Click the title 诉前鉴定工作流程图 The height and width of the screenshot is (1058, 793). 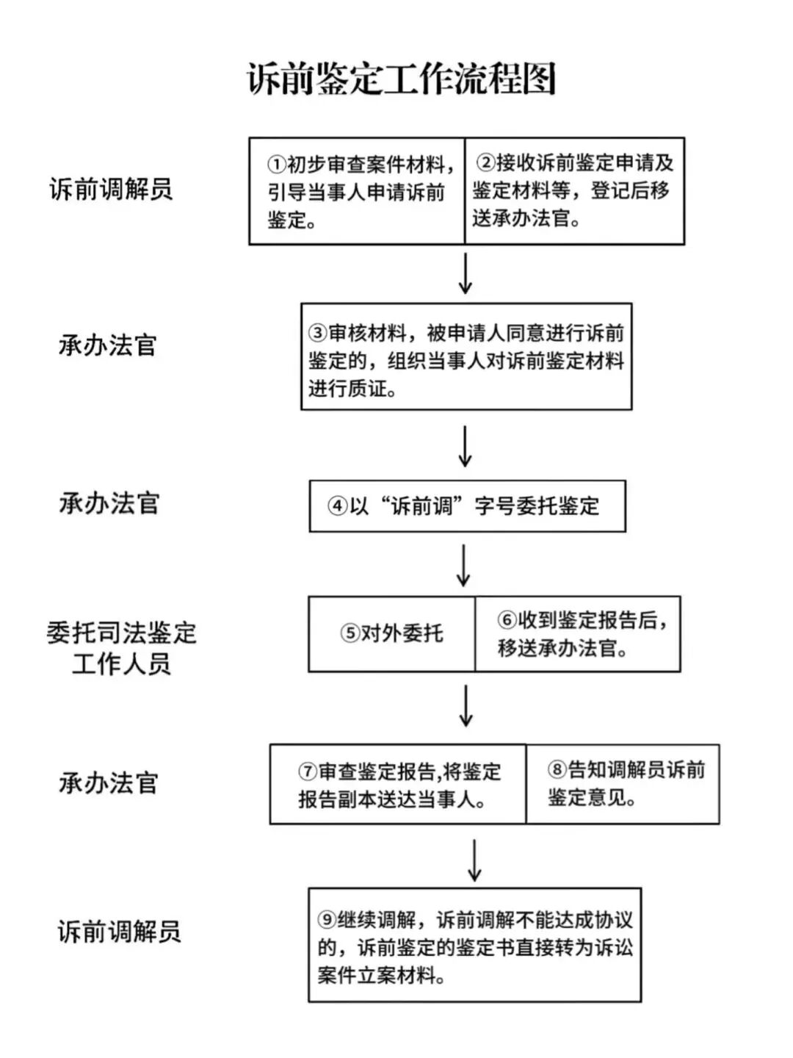[x=401, y=79]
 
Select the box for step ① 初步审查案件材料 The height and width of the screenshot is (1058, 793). [x=358, y=191]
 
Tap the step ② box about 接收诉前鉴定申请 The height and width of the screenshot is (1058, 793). [x=574, y=191]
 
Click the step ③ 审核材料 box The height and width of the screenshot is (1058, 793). [x=466, y=357]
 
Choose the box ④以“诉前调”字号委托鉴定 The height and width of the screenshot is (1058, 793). [x=467, y=506]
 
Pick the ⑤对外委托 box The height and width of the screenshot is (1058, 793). [x=392, y=634]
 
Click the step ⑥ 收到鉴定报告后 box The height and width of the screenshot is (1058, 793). [x=578, y=634]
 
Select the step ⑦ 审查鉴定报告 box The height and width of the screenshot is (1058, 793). [x=398, y=785]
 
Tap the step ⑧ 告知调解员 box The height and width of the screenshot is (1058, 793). [x=623, y=784]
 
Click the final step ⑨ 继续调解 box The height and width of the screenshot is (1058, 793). [x=474, y=946]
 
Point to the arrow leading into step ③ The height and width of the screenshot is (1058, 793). [x=465, y=274]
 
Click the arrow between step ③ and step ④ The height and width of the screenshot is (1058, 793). [x=465, y=446]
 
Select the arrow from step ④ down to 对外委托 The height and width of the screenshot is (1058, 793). [x=464, y=565]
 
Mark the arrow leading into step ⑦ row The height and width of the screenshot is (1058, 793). [x=466, y=707]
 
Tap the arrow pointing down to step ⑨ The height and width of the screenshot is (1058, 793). [x=475, y=860]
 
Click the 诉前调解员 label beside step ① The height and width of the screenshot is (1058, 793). [x=111, y=190]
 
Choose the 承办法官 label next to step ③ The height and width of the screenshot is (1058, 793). [x=108, y=345]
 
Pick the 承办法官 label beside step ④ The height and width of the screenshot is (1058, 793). [x=109, y=504]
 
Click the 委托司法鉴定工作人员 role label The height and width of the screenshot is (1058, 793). [x=122, y=648]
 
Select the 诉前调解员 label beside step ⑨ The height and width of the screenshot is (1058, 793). [x=119, y=932]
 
